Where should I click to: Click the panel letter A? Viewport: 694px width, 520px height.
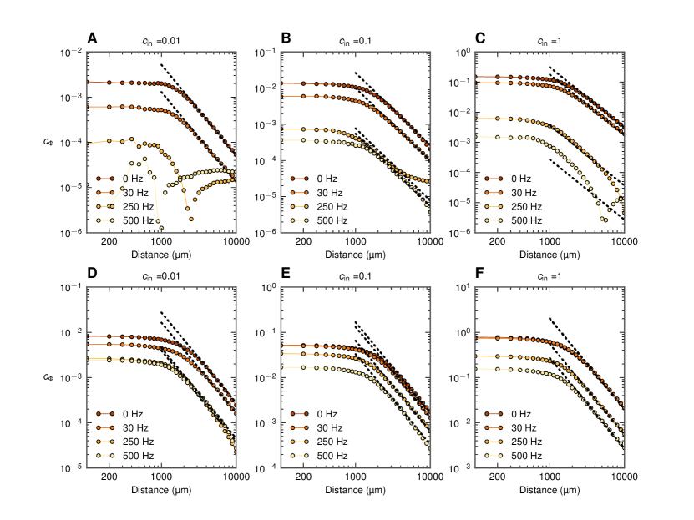coord(93,38)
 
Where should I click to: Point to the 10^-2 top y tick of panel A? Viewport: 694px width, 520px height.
coord(70,53)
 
